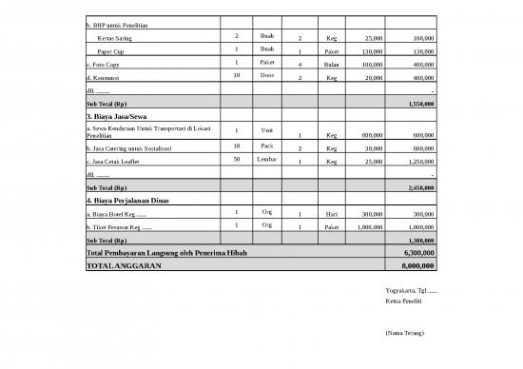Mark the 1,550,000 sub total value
pos(419,103)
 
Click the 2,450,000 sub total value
pos(419,187)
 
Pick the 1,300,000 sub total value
pos(419,241)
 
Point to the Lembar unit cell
pos(266,159)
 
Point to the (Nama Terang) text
pos(405,334)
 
